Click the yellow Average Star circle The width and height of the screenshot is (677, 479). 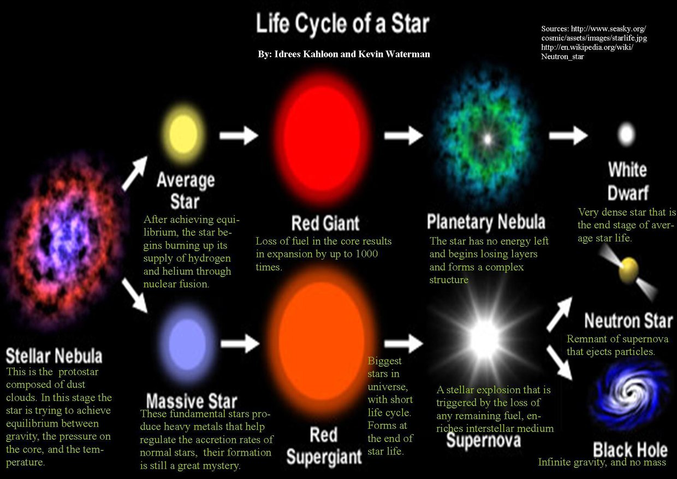[184, 134]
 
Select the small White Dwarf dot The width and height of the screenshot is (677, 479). [626, 134]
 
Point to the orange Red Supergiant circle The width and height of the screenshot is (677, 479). [322, 342]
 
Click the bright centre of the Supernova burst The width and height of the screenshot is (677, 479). [485, 339]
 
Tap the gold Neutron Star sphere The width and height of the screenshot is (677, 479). [628, 270]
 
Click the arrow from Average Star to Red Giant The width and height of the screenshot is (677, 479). [239, 135]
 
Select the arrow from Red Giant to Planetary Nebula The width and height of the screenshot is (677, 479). [403, 135]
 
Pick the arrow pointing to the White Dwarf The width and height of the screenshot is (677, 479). [568, 135]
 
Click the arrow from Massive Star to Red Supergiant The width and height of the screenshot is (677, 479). [240, 343]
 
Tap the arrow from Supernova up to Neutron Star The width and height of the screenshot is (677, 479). [560, 314]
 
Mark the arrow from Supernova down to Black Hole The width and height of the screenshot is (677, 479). [560, 363]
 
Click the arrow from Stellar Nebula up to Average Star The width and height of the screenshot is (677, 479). [135, 173]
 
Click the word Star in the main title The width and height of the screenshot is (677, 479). [410, 23]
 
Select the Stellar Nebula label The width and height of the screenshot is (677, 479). [54, 356]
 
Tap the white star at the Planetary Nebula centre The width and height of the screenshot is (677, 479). [487, 139]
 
